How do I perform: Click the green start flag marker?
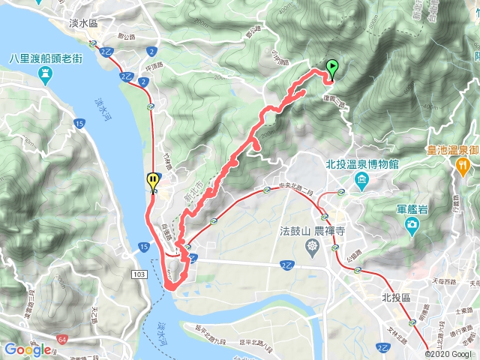pos(331,68)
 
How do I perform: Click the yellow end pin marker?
pos(153,181)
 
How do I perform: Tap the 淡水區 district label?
pos(83,24)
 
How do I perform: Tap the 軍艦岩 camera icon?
pos(412,225)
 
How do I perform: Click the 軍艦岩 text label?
pos(411,209)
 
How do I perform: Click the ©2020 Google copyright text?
pos(451,354)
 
